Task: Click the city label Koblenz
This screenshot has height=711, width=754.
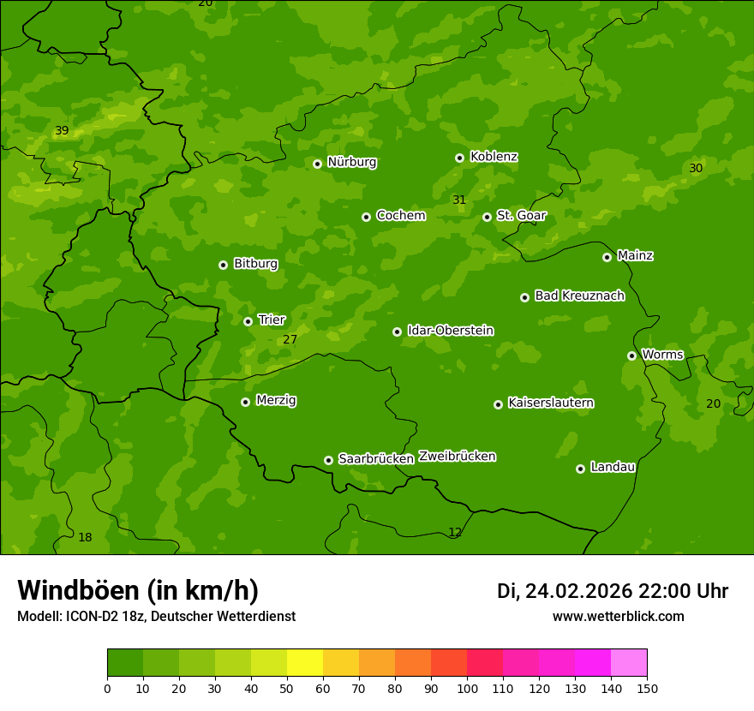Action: pyautogui.click(x=494, y=157)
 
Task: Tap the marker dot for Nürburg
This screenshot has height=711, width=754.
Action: pyautogui.click(x=317, y=164)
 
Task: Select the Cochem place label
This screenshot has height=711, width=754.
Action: pyautogui.click(x=400, y=215)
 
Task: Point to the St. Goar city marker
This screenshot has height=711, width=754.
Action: pyautogui.click(x=487, y=217)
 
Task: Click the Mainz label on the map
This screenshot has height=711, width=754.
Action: pyautogui.click(x=635, y=255)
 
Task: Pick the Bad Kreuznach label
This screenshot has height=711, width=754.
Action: pyautogui.click(x=579, y=296)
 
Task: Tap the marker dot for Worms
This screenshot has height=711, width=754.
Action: pyautogui.click(x=631, y=355)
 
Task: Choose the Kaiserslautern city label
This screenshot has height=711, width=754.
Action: pyautogui.click(x=551, y=403)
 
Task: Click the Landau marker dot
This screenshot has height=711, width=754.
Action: pyautogui.click(x=580, y=469)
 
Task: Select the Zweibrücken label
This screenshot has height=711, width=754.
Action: pyautogui.click(x=457, y=457)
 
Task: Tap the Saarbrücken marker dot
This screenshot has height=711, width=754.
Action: pyautogui.click(x=328, y=460)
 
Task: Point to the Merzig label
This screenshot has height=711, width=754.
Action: pyautogui.click(x=276, y=400)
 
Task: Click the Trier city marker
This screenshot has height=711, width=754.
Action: pyautogui.click(x=248, y=321)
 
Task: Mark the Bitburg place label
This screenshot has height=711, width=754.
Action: pyautogui.click(x=255, y=264)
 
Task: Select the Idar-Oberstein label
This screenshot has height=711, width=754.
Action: pyautogui.click(x=450, y=330)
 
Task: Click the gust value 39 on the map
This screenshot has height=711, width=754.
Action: pyautogui.click(x=62, y=131)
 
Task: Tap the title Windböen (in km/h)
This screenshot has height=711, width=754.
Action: pyautogui.click(x=138, y=590)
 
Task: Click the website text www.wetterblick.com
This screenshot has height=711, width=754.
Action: pyautogui.click(x=618, y=616)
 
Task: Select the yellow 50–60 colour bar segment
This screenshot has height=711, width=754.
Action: pyautogui.click(x=305, y=662)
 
